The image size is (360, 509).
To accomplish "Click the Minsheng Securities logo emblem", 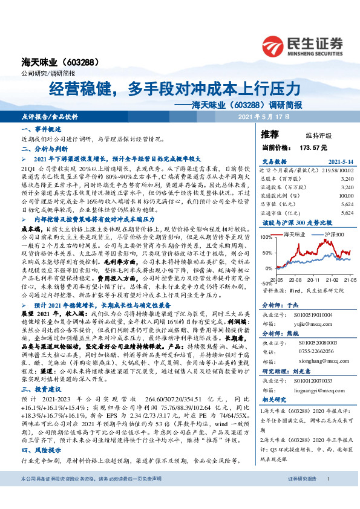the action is [276, 44].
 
